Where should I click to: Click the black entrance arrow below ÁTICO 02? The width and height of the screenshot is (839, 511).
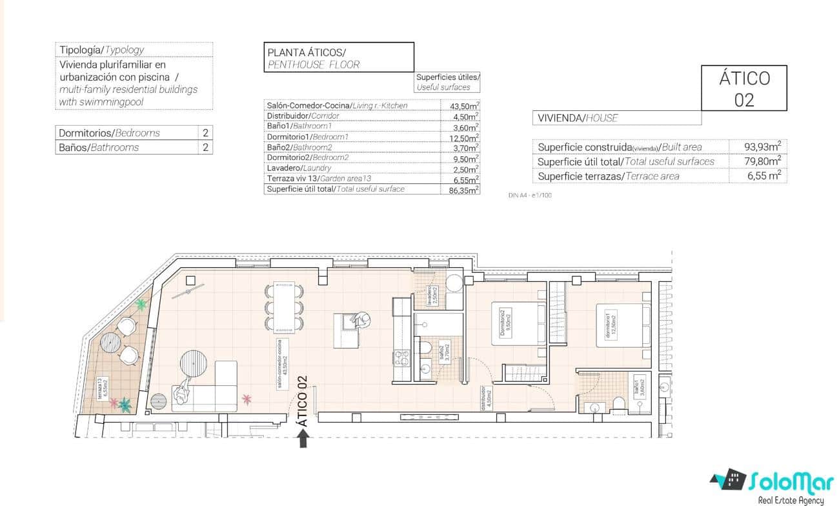coord(303,439)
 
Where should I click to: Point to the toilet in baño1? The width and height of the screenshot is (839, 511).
coord(619,404)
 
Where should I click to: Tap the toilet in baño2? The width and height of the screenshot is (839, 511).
coord(425,348)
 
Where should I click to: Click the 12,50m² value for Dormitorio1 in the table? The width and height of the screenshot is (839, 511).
coord(463,137)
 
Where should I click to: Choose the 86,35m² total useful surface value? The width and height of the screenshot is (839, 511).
coord(463,190)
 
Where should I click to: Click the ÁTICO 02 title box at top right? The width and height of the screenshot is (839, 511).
coord(743,88)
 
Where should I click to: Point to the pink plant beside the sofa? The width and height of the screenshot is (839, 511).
coord(247,399)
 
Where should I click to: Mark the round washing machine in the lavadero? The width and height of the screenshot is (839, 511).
coord(454,283)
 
